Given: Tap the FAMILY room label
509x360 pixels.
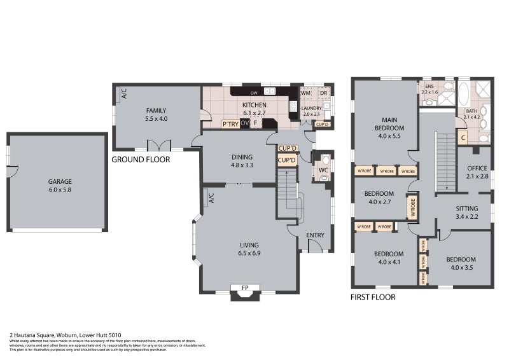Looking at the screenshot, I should (156, 114).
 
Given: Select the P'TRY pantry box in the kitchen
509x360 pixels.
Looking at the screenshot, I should (230, 124).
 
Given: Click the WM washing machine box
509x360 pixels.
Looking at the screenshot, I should (305, 93).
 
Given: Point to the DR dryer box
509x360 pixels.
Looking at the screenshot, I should (323, 93).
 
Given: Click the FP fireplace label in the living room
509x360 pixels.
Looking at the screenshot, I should (244, 288).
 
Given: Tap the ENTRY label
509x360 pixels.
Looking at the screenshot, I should (315, 235).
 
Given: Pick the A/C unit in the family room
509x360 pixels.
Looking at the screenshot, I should (123, 93).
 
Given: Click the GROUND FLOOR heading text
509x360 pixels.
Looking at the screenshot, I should (141, 160).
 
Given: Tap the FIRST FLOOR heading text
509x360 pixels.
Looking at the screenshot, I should (373, 297).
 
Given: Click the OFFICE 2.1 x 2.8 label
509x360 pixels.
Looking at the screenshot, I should (476, 172).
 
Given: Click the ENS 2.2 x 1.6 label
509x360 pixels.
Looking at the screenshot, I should (429, 89).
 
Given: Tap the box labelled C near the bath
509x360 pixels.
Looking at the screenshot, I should (463, 137).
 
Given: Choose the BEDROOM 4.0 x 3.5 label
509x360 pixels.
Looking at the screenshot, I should (461, 263).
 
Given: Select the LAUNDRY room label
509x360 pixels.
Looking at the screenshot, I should (311, 111).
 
